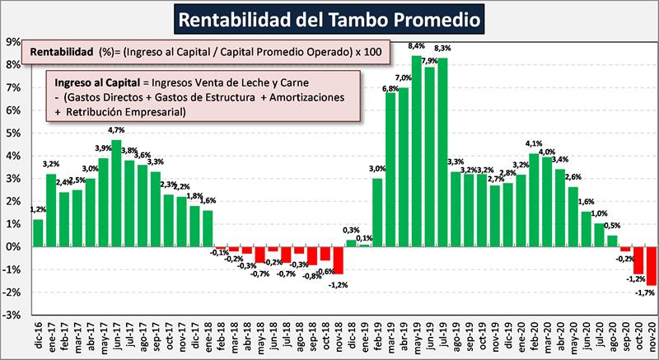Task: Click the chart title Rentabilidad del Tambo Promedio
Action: (329, 17)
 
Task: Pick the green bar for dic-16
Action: (38, 232)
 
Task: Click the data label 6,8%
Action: (390, 87)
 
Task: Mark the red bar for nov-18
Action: (338, 259)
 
